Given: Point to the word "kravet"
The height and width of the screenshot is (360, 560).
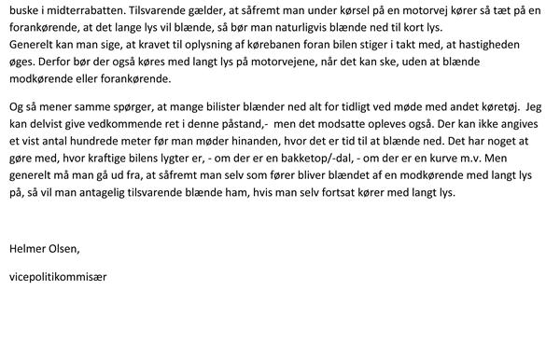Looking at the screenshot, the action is click(141, 46).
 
